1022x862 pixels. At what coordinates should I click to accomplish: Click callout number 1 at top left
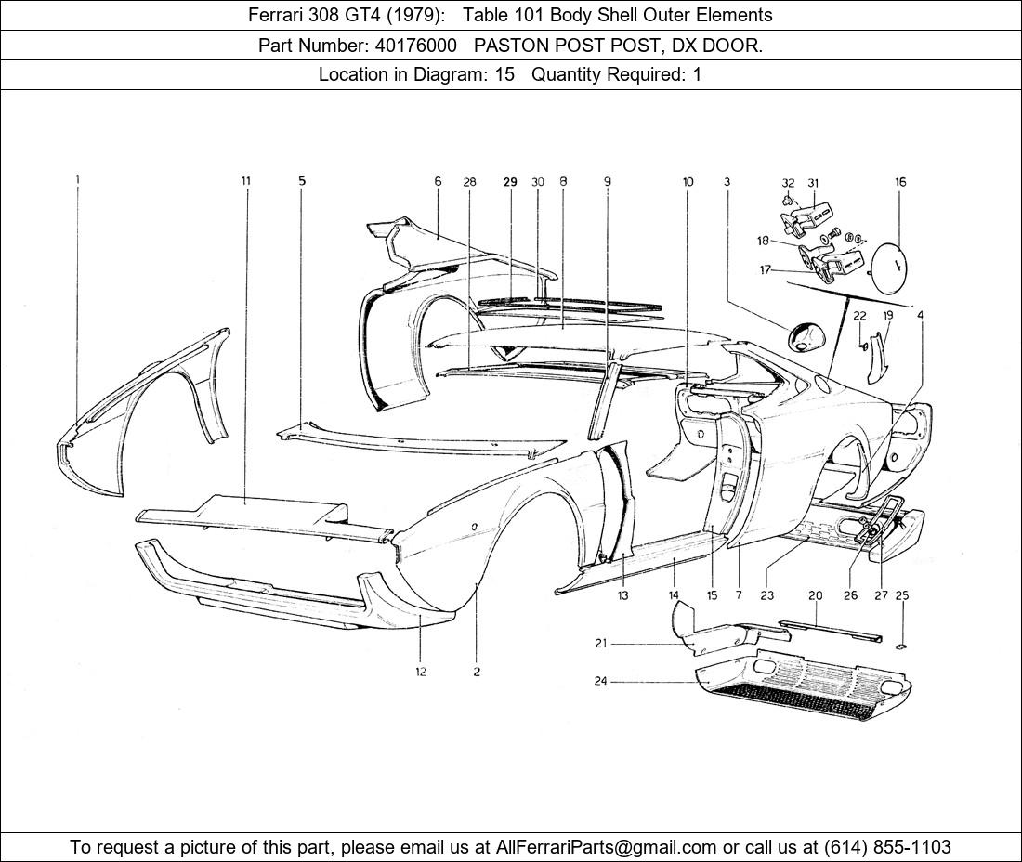78,181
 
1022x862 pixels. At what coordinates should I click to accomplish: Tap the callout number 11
245,181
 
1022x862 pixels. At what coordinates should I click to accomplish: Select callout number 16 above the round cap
900,183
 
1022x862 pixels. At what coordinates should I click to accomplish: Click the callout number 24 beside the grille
600,682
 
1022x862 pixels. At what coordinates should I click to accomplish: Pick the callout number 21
600,643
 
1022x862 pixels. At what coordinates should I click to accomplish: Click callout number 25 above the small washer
901,595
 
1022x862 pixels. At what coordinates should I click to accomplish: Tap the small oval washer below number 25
901,646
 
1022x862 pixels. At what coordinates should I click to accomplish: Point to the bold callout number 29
510,183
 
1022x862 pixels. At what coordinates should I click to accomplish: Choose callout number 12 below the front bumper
420,672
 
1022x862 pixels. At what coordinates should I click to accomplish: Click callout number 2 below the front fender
477,672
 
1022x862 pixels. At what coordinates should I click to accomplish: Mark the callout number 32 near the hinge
788,183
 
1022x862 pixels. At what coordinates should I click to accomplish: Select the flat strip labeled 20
830,628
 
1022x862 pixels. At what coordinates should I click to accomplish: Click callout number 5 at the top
302,181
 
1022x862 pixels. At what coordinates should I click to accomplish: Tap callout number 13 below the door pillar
622,595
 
